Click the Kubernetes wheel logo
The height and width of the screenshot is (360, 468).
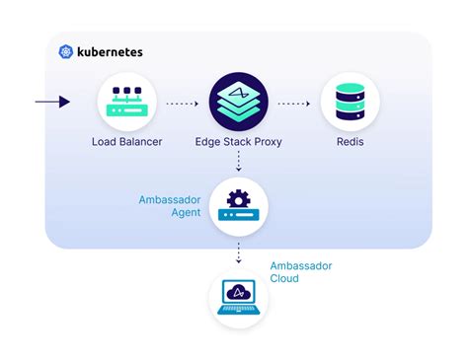[x=66, y=51]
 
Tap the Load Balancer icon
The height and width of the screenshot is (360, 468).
[x=127, y=103]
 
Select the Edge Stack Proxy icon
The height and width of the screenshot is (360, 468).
[x=238, y=103]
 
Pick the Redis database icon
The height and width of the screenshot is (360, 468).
[x=350, y=103]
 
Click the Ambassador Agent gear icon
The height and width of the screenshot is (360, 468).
[x=239, y=206]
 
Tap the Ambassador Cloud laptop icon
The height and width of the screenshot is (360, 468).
[x=239, y=299]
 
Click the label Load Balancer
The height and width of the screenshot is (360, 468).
[x=127, y=142]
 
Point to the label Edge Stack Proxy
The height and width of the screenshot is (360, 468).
[x=238, y=142]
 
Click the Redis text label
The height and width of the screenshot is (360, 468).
[x=350, y=142]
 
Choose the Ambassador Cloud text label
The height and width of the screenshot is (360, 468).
[x=302, y=271]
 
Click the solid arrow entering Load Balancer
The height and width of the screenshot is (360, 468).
[x=52, y=102]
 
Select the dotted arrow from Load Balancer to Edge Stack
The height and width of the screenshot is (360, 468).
[x=183, y=102]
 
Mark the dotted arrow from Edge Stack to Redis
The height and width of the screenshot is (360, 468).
[x=294, y=102]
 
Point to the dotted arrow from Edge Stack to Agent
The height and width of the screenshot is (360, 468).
[x=239, y=162]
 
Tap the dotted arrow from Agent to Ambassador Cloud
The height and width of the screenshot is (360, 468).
[x=239, y=253]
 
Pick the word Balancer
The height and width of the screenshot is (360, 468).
[x=140, y=142]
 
